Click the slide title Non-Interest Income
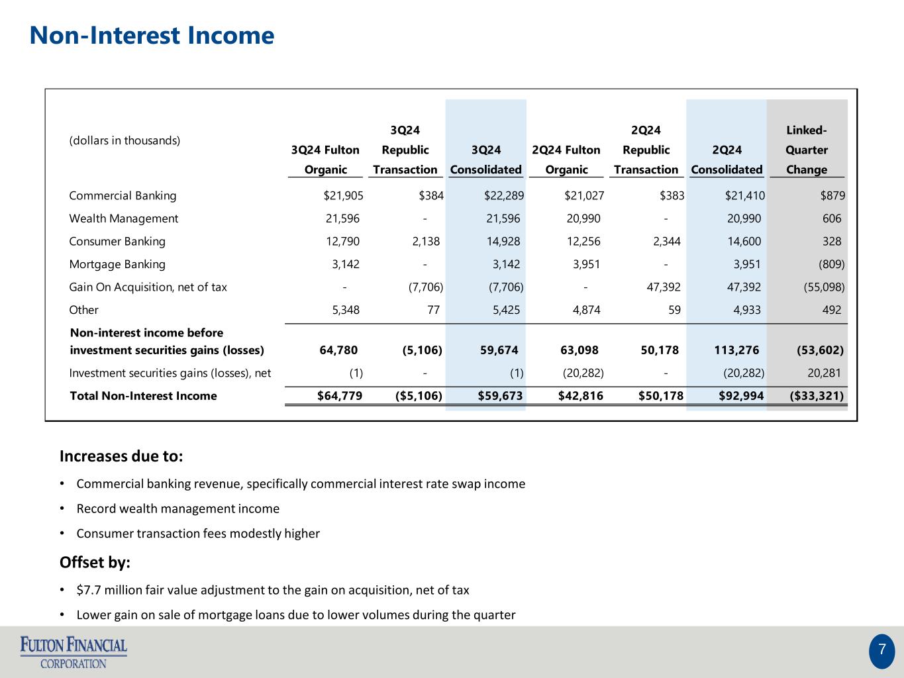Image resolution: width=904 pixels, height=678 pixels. pyautogui.click(x=152, y=36)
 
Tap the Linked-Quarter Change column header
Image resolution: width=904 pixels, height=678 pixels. pyautogui.click(x=806, y=150)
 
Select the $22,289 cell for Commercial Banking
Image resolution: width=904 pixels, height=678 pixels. pyautogui.click(x=503, y=196)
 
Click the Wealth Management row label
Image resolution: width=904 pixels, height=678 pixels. pyautogui.click(x=124, y=218)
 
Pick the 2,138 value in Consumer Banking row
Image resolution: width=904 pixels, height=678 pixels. pyautogui.click(x=426, y=242)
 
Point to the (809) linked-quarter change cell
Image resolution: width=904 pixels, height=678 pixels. pyautogui.click(x=831, y=264)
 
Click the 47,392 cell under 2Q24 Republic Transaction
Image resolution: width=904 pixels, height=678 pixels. pyautogui.click(x=662, y=287)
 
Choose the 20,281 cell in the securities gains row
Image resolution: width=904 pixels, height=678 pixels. pyautogui.click(x=825, y=373)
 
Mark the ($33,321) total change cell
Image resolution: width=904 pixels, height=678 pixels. pyautogui.click(x=817, y=396)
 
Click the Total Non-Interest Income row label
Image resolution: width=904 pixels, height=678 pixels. pyautogui.click(x=143, y=396)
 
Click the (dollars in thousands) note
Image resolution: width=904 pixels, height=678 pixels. pyautogui.click(x=125, y=140)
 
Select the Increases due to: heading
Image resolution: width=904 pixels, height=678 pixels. pyautogui.click(x=121, y=457)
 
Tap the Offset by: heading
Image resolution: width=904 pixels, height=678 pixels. pyautogui.click(x=95, y=563)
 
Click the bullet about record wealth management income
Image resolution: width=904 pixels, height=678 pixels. pyautogui.click(x=178, y=508)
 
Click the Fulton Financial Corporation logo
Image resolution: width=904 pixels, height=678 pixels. pyautogui.click(x=74, y=652)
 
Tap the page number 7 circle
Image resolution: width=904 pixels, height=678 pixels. pyautogui.click(x=881, y=651)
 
